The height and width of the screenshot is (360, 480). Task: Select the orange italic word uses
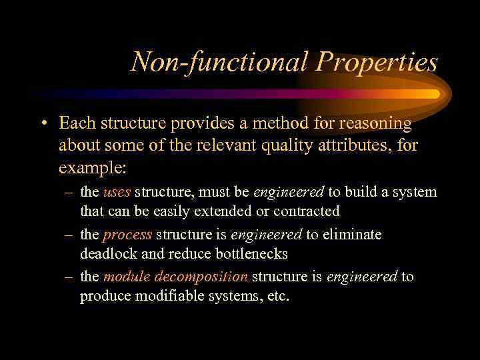pyautogui.click(x=117, y=192)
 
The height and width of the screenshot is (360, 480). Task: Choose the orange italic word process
pyautogui.click(x=128, y=235)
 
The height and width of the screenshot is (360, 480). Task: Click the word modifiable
pyautogui.click(x=169, y=296)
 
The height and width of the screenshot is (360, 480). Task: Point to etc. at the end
pyautogui.click(x=278, y=296)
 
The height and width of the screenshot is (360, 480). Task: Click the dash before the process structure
pyautogui.click(x=69, y=235)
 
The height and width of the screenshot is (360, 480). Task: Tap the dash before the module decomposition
pyautogui.click(x=69, y=277)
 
